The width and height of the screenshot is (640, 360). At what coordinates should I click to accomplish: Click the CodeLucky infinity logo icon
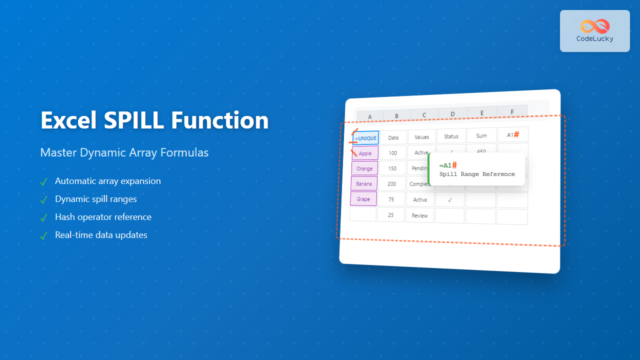coord(594,26)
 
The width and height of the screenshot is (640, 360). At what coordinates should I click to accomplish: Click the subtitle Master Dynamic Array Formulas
coord(124,152)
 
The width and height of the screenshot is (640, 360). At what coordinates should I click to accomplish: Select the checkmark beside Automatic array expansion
coord(44,181)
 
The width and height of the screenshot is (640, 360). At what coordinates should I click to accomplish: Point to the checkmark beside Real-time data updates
coord(44,235)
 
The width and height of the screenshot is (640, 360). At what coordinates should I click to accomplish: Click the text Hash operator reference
coord(103,217)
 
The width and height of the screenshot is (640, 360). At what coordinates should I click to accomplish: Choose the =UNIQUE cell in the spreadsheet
coord(365,138)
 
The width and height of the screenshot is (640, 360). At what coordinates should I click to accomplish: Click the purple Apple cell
coord(365,153)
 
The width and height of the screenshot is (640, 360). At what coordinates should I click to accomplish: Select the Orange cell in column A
coord(364,168)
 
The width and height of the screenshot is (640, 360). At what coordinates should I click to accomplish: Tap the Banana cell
coord(364,183)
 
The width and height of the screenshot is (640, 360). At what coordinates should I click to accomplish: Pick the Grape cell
coord(363,199)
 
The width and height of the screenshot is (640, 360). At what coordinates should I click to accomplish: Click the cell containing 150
coord(392,168)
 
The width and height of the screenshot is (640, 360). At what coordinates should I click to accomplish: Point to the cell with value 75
coord(391,199)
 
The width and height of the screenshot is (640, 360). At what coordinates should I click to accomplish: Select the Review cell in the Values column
coord(419,215)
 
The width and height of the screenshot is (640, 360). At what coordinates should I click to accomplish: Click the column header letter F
coord(512,111)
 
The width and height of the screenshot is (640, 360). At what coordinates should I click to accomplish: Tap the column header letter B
coord(396,116)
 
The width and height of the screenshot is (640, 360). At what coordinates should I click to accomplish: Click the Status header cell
coord(451,136)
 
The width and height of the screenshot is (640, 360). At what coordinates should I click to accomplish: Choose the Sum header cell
coord(481,135)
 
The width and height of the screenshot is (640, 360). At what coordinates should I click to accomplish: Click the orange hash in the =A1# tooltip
coord(454,165)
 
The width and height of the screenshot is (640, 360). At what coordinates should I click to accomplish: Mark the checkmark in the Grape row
coord(450,199)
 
